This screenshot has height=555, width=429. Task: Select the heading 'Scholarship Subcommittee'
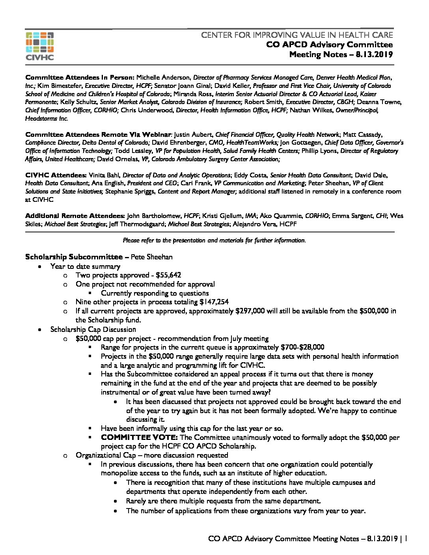pyautogui.click(x=74, y=257)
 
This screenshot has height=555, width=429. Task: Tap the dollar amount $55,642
pyautogui.click(x=168, y=275)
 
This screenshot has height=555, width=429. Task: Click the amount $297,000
pyautogui.click(x=250, y=311)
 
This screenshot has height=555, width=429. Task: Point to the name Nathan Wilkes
pyautogui.click(x=311, y=110)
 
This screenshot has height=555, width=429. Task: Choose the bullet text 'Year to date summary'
pyautogui.click(x=85, y=266)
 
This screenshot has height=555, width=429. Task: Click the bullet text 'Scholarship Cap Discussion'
pyautogui.click(x=93, y=329)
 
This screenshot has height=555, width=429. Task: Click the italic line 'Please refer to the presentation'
pyautogui.click(x=214, y=240)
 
